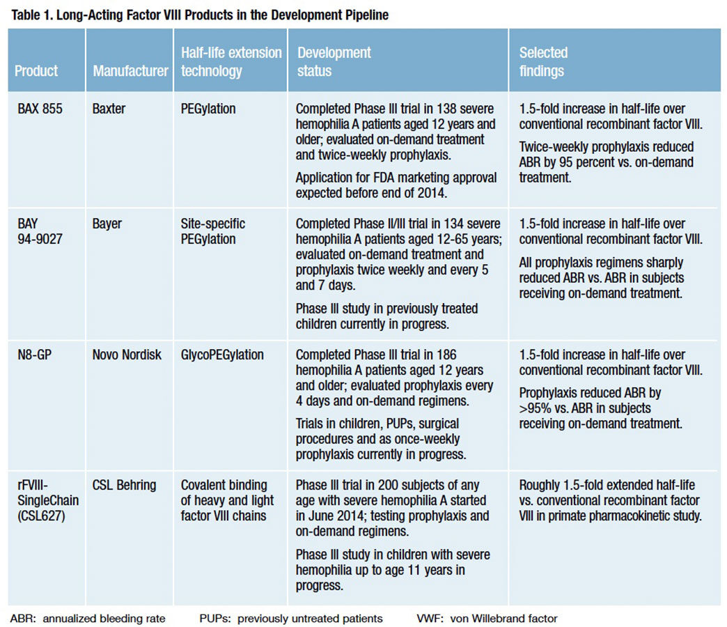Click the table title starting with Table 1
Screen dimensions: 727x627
tap(200, 15)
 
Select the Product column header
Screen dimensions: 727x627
tap(36, 71)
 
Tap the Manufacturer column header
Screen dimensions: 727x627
tap(130, 71)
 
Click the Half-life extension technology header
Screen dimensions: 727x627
tap(231, 62)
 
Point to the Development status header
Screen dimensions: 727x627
tap(334, 62)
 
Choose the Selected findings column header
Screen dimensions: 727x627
tap(543, 62)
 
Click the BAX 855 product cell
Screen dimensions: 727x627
tap(40, 109)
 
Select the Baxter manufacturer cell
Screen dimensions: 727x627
tap(109, 109)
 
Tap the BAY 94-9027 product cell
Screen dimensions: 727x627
tap(40, 231)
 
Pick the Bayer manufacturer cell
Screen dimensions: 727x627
tap(107, 224)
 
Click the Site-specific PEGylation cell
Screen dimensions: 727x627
tap(213, 231)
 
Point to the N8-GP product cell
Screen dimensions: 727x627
tap(34, 355)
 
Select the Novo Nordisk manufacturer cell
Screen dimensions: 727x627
tap(127, 355)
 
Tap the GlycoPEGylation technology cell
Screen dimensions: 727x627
tap(222, 355)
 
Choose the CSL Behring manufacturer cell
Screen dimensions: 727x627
tap(124, 486)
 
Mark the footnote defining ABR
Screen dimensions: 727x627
tap(88, 619)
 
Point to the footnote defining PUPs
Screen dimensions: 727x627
tap(291, 619)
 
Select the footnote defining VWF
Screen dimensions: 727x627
tap(487, 619)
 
